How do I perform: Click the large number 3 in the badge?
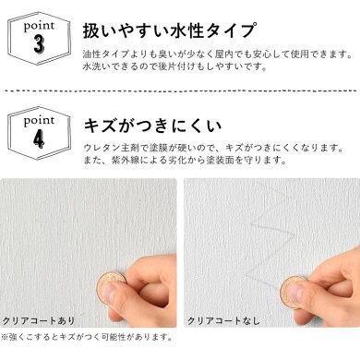[39, 44]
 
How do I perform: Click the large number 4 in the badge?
[39, 138]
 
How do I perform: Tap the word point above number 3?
[39, 27]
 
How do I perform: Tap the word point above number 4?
[39, 121]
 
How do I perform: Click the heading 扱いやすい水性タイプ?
[169, 30]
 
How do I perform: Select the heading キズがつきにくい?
[153, 126]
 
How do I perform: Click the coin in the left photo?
[111, 288]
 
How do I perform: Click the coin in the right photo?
[294, 292]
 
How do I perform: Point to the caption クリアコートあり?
[39, 320]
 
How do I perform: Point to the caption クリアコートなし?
[223, 320]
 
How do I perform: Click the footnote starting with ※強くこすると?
[88, 338]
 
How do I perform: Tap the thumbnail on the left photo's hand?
[108, 294]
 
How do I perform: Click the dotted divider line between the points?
[181, 91]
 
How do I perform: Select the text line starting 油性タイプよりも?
[218, 54]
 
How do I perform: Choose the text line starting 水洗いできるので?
[174, 66]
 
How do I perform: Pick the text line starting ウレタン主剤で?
[214, 149]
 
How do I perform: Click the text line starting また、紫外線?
[186, 160]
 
